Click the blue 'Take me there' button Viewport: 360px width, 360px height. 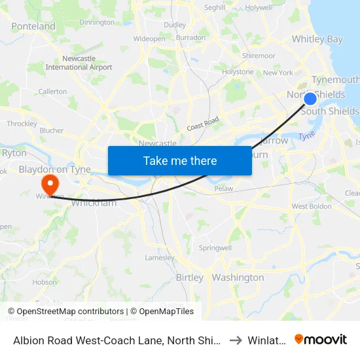pyautogui.click(x=179, y=160)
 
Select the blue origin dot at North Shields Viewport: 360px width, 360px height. pyautogui.click(x=310, y=99)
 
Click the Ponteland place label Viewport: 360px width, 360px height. pyautogui.click(x=33, y=26)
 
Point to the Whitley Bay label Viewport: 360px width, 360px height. pyautogui.click(x=317, y=39)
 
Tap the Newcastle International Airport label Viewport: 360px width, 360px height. pyautogui.click(x=79, y=63)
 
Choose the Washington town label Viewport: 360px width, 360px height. pyautogui.click(x=238, y=278)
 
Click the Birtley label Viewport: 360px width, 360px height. pyautogui.click(x=189, y=278)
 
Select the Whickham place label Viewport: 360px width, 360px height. pyautogui.click(x=93, y=203)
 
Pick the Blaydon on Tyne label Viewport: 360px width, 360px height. pyautogui.click(x=54, y=169)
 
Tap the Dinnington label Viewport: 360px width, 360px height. pyautogui.click(x=96, y=22)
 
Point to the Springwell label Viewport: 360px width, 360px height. pyautogui.click(x=216, y=249)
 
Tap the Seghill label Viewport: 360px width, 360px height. pyautogui.click(x=215, y=8)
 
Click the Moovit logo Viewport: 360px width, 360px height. pyautogui.click(x=321, y=339)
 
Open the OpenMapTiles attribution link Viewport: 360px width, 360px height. pyautogui.click(x=162, y=312)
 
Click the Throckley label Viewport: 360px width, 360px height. pyautogui.click(x=22, y=123)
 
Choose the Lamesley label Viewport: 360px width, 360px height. pyautogui.click(x=160, y=257)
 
